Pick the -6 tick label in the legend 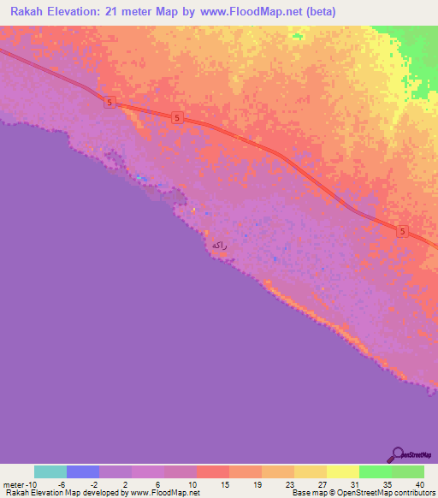coord(62,484)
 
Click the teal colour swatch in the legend coord(50,471)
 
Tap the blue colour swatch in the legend coord(83,471)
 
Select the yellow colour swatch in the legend coord(342,471)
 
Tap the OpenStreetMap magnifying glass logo coord(397,454)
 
